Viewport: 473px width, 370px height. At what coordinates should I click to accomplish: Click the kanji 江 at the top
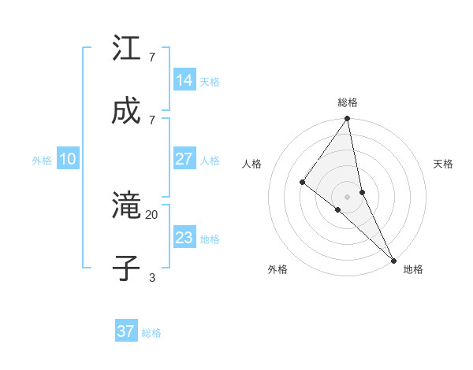click(x=127, y=49)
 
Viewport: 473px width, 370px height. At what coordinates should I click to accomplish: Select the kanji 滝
click(x=127, y=206)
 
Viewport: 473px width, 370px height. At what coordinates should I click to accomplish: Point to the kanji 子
click(x=127, y=268)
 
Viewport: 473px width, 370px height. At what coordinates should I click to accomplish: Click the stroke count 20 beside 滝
click(x=151, y=214)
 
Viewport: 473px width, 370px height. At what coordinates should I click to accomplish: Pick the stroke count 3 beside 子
click(x=151, y=276)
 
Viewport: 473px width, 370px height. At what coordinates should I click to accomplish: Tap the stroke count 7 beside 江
click(x=151, y=57)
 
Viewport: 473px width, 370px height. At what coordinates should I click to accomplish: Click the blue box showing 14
click(x=184, y=80)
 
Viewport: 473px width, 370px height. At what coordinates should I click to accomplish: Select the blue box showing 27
click(x=184, y=159)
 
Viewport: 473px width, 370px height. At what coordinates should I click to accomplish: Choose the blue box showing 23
click(x=184, y=237)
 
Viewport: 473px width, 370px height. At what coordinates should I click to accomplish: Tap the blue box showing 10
click(x=68, y=159)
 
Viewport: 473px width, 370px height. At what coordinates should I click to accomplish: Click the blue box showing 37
click(x=125, y=331)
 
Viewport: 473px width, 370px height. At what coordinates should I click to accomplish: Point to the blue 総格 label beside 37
click(x=151, y=333)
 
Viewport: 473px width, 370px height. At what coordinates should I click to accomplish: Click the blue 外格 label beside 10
click(x=42, y=161)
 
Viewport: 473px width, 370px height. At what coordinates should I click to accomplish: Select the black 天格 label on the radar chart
click(x=443, y=164)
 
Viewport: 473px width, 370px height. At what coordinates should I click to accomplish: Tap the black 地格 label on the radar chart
click(x=413, y=269)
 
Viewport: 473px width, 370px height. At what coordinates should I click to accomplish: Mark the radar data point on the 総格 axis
click(x=347, y=120)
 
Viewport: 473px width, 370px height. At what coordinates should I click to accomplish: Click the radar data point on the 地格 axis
click(x=393, y=259)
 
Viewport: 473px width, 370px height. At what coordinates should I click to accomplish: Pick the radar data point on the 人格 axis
click(x=302, y=182)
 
